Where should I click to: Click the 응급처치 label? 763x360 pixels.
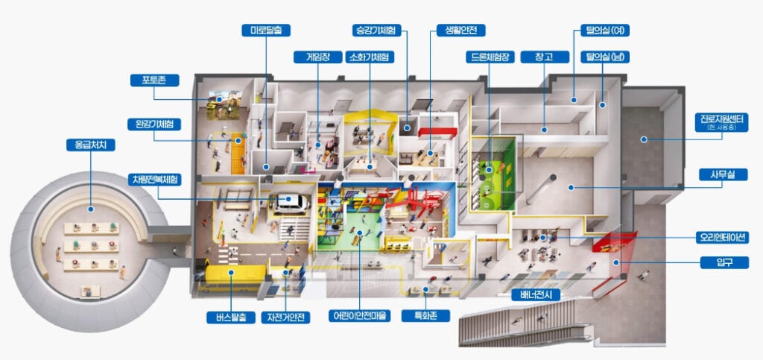90,145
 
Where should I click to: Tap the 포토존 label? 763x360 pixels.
154,80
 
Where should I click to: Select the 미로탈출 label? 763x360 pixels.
266,30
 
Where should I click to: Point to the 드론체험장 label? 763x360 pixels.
490,57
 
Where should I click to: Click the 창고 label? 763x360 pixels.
545,57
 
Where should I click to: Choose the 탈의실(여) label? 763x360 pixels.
605,30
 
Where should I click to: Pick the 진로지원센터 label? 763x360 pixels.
721,121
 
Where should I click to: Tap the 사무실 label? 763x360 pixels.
723,174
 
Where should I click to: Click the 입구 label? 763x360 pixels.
724,262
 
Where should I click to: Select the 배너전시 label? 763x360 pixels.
536,295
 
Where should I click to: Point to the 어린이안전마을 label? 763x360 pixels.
359,316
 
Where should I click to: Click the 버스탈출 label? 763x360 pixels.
231,318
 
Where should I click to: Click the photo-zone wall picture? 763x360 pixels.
224,104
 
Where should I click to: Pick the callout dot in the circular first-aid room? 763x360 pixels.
90,209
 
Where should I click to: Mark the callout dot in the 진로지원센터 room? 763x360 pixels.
644,139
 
